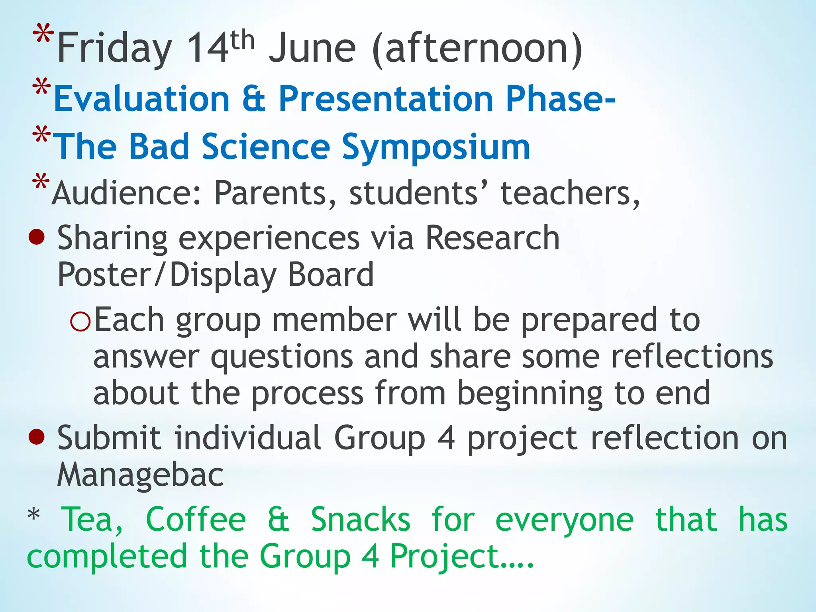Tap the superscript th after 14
242,41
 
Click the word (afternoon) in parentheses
477,49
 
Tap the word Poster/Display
167,276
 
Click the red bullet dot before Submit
37,437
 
